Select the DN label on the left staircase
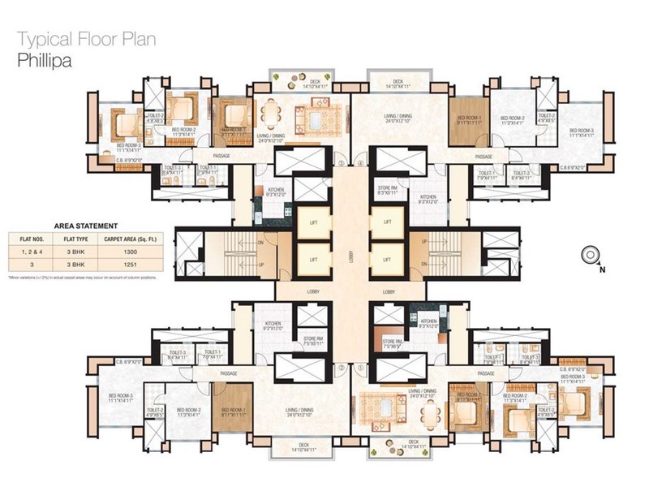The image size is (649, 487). click(260, 241)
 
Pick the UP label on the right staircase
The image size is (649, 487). click(424, 241)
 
